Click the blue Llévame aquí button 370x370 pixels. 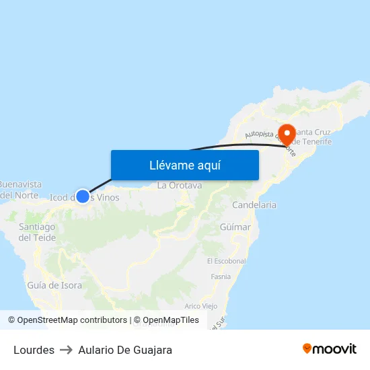pos(184,165)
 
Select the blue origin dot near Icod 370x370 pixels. pos(82,196)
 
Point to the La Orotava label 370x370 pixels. pos(179,185)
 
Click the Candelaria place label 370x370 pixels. pos(254,205)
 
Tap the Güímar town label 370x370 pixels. pos(235,227)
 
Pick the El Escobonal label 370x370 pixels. pos(226,261)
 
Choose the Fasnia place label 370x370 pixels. pos(221,276)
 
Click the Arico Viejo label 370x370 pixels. pos(200,306)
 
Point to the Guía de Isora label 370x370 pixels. pos(54,285)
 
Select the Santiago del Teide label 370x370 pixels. pos(37,232)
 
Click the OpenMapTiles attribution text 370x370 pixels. pos(170,320)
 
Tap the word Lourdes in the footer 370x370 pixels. pos(34,350)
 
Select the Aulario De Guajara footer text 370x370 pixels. pos(125,350)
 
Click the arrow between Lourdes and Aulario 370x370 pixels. pos(66,350)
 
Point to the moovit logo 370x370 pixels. pos(330,349)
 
